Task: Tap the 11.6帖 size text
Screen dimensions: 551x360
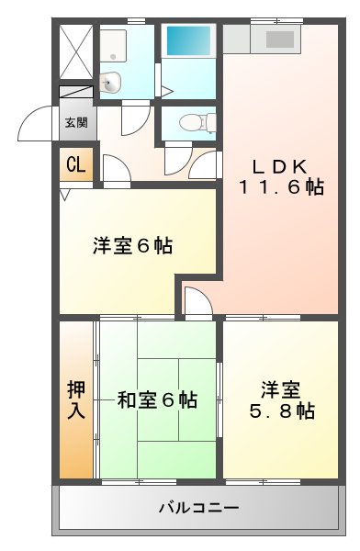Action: [281, 186]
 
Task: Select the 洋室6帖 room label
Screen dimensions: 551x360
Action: [133, 246]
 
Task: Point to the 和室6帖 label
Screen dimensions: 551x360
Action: [157, 399]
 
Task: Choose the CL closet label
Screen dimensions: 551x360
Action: [75, 166]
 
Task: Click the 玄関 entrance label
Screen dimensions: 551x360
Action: [75, 121]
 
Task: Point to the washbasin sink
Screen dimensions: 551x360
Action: [110, 82]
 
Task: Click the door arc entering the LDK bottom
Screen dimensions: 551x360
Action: [197, 301]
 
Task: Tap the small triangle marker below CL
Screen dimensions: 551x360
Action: [64, 194]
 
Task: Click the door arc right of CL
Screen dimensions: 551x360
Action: [115, 168]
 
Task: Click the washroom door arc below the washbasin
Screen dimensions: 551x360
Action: [135, 118]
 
